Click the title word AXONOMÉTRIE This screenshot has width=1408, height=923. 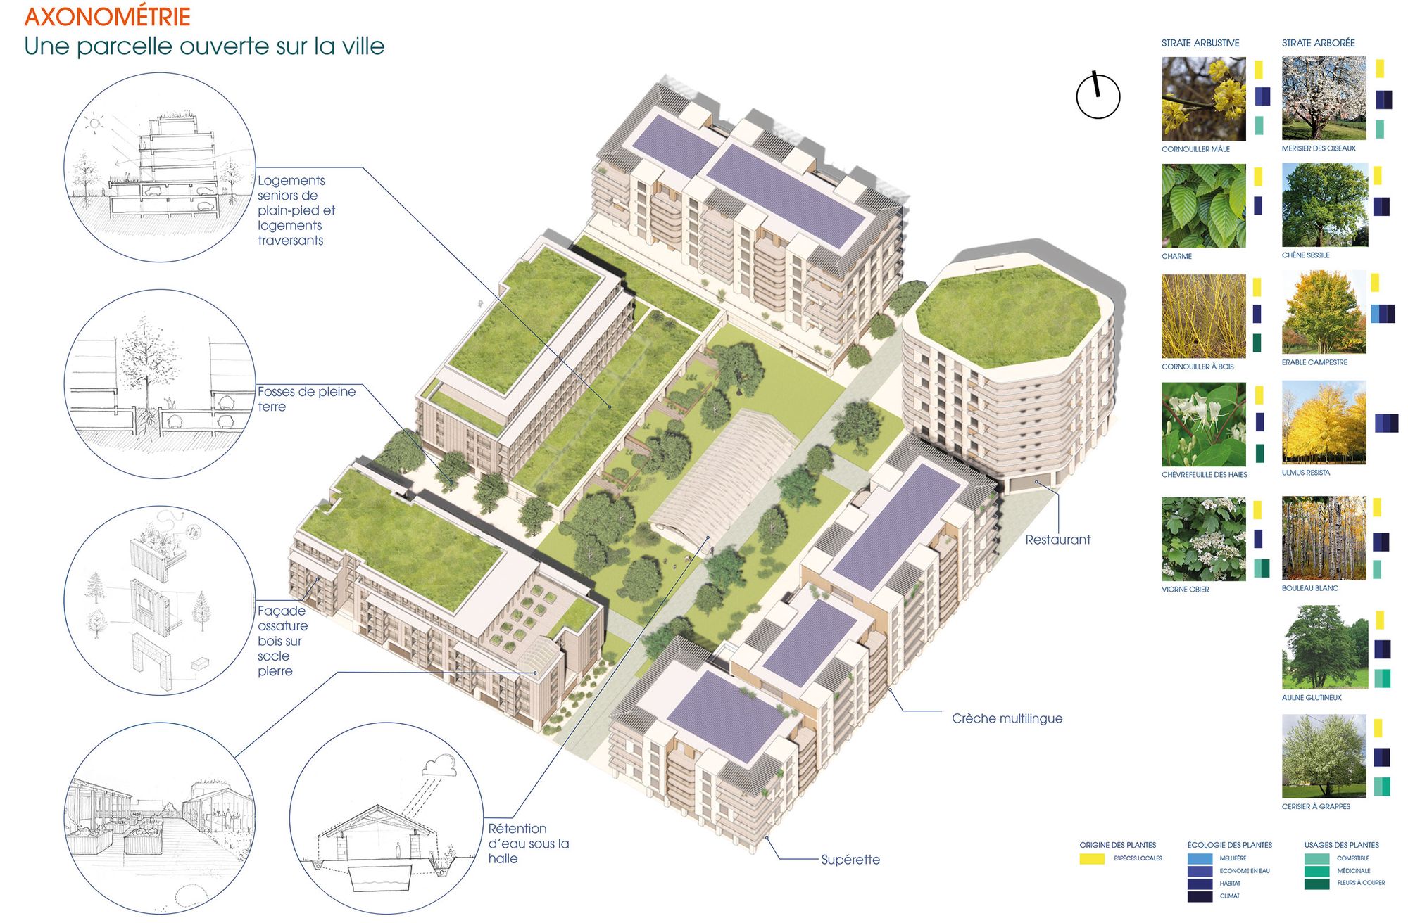pos(107,17)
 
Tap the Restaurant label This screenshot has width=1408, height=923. pos(1057,540)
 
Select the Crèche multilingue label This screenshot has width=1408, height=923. pos(1007,718)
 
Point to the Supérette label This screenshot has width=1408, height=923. pos(850,860)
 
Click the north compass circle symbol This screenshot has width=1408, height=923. pos(1098,96)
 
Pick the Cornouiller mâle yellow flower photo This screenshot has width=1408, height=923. pos(1203,98)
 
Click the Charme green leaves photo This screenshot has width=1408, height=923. pos(1203,205)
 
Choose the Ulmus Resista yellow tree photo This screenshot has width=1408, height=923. pos(1324,422)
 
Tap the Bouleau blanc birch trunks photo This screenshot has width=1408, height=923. pos(1324,538)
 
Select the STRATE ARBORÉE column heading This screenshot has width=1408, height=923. pos(1318,43)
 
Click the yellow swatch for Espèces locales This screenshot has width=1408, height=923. pos(1092,859)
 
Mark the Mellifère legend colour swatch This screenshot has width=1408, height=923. pos(1200,859)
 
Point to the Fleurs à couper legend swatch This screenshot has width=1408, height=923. pos(1316,884)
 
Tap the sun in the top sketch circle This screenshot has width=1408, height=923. pos(94,125)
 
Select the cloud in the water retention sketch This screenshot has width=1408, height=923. pos(441,765)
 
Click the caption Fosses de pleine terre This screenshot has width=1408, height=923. pos(306,399)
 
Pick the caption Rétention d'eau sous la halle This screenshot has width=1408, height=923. pos(528,844)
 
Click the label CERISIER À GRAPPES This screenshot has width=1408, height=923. pos(1316,806)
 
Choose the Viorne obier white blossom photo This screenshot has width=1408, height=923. pos(1203,539)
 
